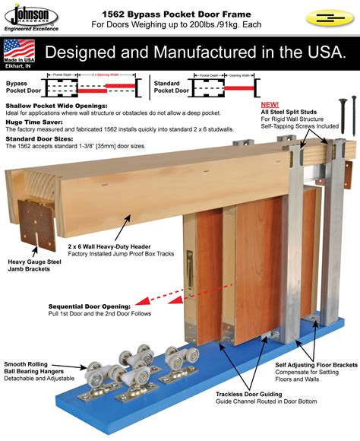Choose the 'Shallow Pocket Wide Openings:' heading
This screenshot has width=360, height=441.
click(55, 107)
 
